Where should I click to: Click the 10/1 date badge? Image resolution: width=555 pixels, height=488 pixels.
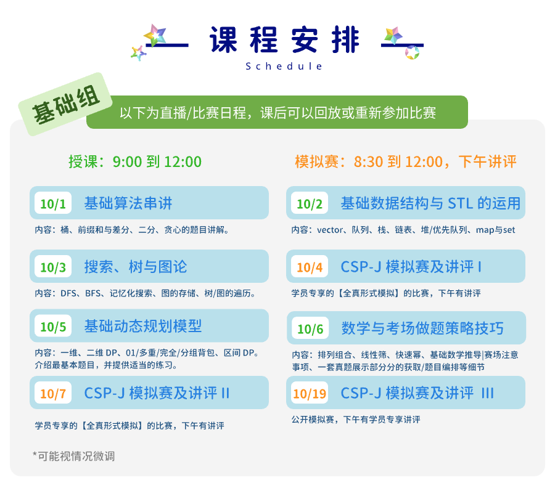point(53,203)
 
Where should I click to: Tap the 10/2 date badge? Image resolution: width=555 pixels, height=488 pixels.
point(310,203)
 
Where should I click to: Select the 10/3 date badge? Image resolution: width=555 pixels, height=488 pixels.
point(53,266)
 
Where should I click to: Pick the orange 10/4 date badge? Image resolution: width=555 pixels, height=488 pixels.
point(310,266)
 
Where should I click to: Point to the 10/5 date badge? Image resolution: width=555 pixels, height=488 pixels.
point(53,326)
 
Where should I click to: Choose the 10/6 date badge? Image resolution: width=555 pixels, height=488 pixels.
point(310,328)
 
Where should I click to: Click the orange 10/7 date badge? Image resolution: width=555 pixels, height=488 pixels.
point(53,392)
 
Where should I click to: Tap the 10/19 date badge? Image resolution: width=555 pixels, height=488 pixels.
point(310,392)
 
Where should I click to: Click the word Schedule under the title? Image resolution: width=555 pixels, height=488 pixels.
point(284,66)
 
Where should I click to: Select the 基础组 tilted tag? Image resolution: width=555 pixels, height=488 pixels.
point(65,104)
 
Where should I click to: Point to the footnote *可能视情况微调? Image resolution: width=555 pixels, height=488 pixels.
point(73,456)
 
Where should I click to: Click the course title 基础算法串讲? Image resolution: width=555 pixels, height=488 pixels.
point(128,203)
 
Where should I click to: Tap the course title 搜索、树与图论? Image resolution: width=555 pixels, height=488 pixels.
point(136,266)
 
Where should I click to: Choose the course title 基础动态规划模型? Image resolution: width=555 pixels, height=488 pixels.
point(143,326)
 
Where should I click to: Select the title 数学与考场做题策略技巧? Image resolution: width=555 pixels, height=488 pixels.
point(422,328)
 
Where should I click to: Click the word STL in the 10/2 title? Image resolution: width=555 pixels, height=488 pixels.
point(461,203)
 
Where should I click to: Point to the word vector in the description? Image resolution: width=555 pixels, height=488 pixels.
point(330,230)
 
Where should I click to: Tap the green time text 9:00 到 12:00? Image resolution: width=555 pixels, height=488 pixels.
point(157,161)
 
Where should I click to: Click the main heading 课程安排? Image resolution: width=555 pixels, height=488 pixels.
point(284,39)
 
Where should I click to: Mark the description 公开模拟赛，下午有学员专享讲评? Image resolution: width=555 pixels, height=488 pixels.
point(356,420)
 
